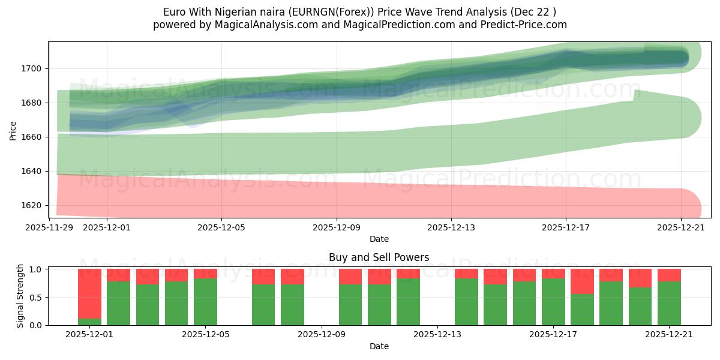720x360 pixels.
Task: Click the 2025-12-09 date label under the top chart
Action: [337, 227]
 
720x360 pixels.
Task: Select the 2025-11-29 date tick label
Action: [49, 227]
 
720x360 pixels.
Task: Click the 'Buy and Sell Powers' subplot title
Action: [379, 257]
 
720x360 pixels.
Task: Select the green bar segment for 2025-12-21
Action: [669, 304]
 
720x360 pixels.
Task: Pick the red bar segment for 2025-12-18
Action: [582, 281]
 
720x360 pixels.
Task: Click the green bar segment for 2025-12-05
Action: [205, 302]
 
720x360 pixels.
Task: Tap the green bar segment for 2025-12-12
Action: [408, 302]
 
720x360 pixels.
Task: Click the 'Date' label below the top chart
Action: [379, 239]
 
